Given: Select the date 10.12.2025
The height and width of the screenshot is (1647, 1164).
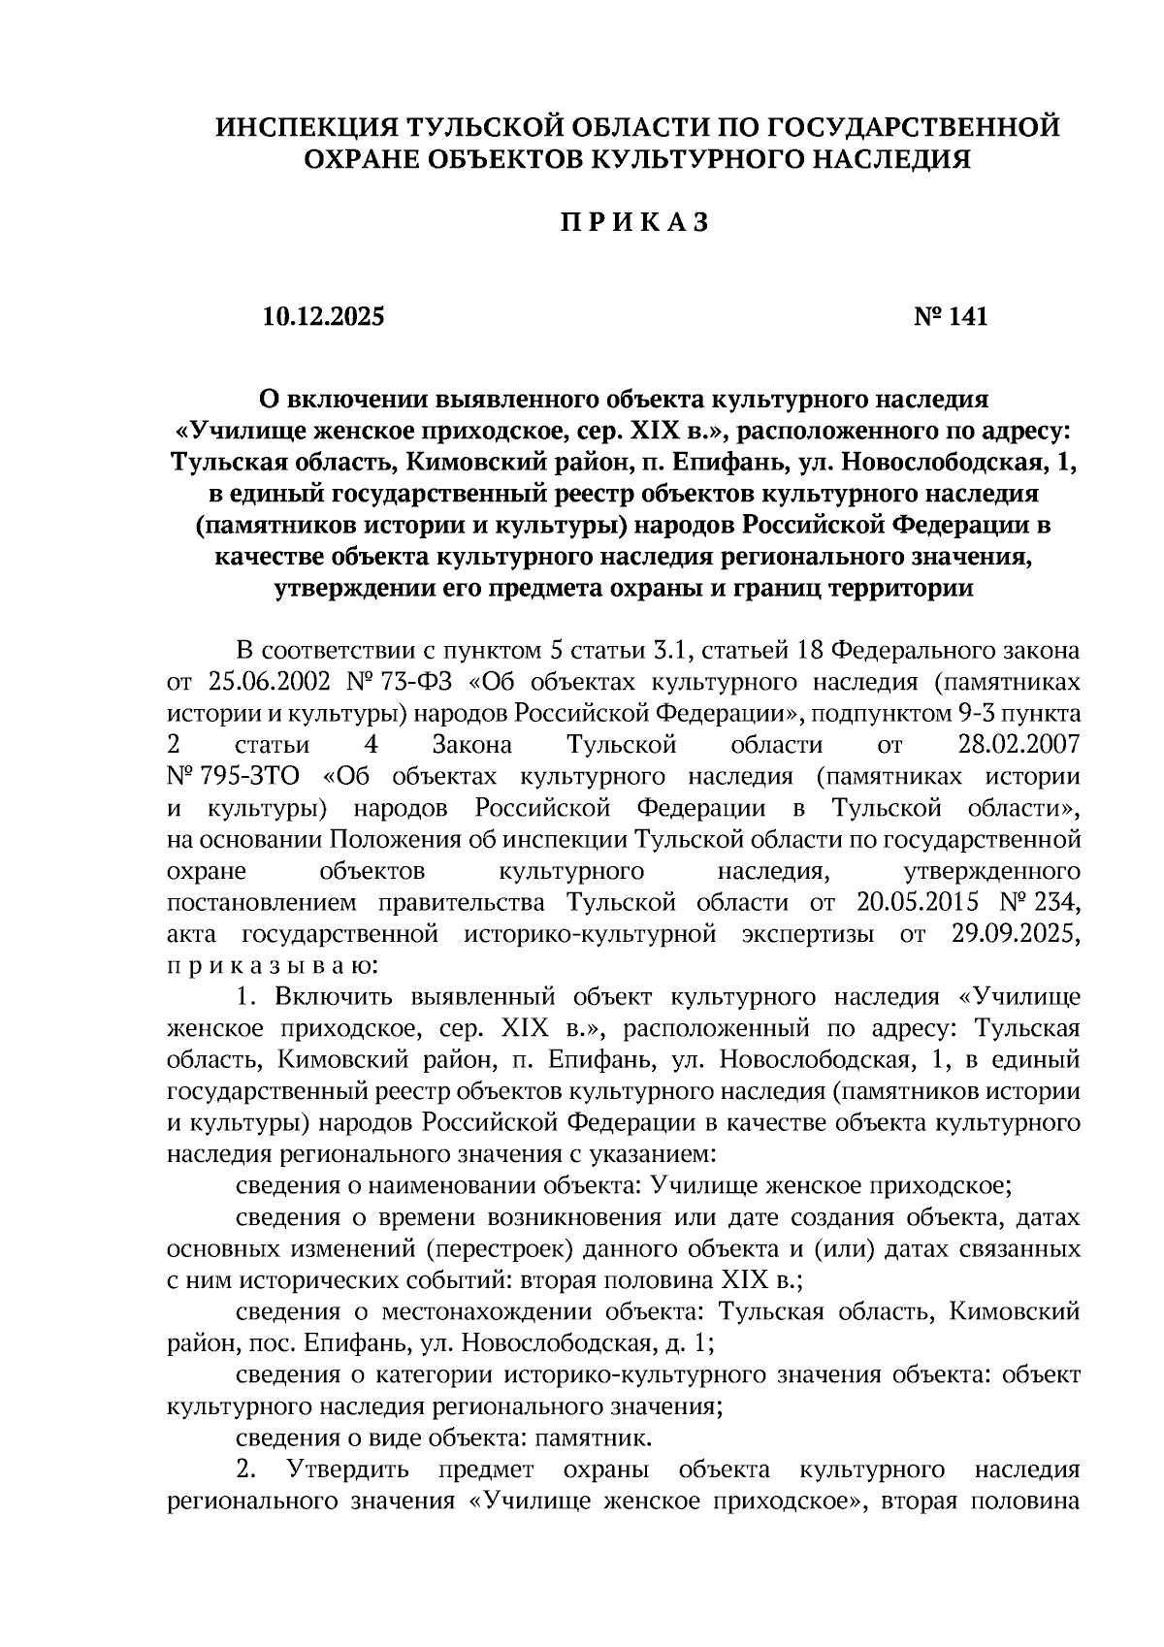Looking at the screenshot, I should click(x=322, y=316).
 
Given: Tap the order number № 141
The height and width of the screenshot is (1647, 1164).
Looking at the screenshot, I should click(x=951, y=316).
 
